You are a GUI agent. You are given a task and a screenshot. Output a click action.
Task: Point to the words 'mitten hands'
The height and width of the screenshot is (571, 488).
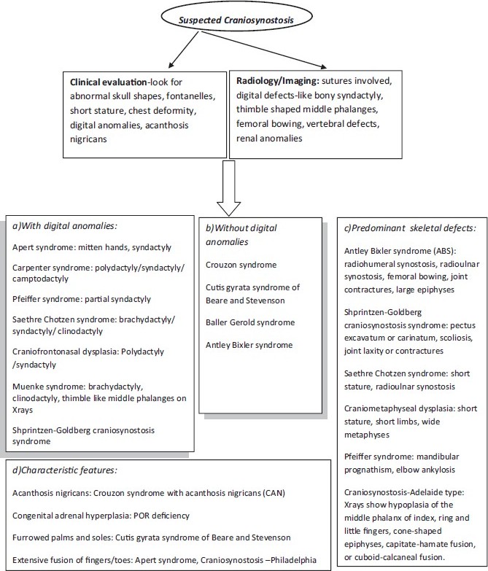118,248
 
